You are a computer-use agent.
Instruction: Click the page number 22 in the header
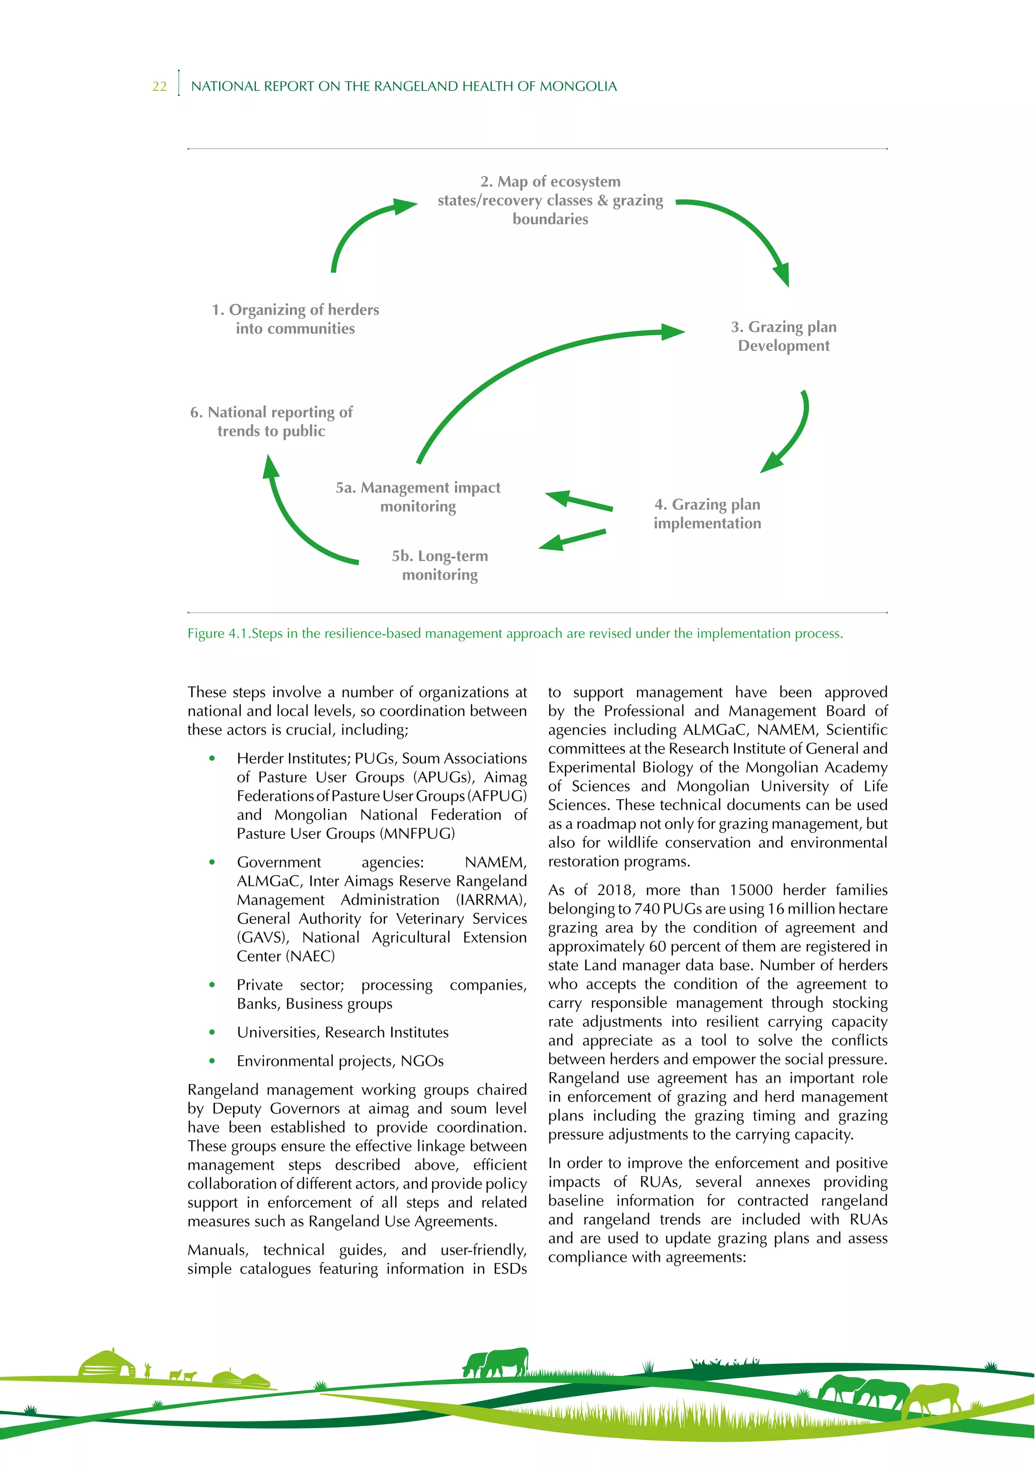pyautogui.click(x=159, y=87)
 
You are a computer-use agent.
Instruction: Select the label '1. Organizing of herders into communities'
pyautogui.click(x=295, y=319)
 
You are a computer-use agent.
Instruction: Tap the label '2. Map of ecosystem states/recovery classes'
pyautogui.click(x=550, y=200)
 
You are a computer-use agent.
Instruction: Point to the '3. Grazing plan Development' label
pyautogui.click(x=784, y=336)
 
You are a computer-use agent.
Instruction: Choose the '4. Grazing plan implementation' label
pyautogui.click(x=707, y=513)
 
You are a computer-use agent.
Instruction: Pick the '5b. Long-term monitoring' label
pyautogui.click(x=440, y=566)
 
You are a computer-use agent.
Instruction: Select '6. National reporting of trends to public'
pyautogui.click(x=271, y=421)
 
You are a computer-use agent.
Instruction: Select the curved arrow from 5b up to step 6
pyautogui.click(x=293, y=523)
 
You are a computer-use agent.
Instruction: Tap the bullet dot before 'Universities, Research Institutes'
pyautogui.click(x=212, y=1032)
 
